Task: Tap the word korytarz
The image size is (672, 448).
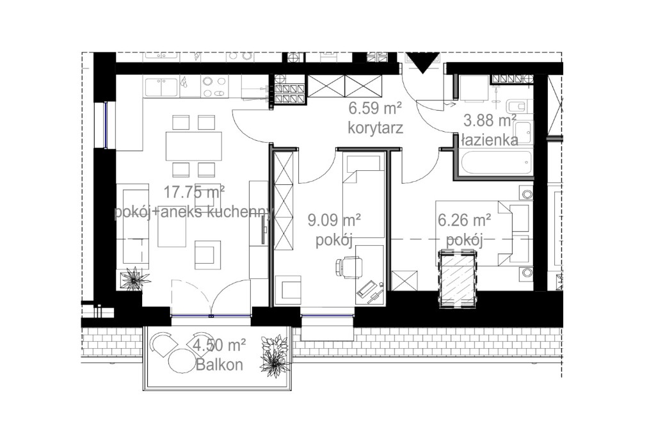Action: pos(375,127)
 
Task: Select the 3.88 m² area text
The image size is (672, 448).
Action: pos(490,120)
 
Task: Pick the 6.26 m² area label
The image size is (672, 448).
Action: pos(464,221)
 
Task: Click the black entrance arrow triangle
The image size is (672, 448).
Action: pos(422,64)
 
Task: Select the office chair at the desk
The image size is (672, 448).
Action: pos(349,267)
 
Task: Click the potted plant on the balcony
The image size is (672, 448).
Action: pos(275,356)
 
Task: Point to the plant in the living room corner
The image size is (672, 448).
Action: pos(134,279)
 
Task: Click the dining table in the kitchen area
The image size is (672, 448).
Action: pos(193,146)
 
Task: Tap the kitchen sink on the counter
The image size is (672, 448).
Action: pos(162,86)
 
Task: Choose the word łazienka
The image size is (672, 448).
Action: pos(490,141)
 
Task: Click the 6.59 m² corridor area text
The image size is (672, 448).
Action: pos(375,108)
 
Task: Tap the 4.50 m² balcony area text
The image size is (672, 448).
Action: pos(219,346)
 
